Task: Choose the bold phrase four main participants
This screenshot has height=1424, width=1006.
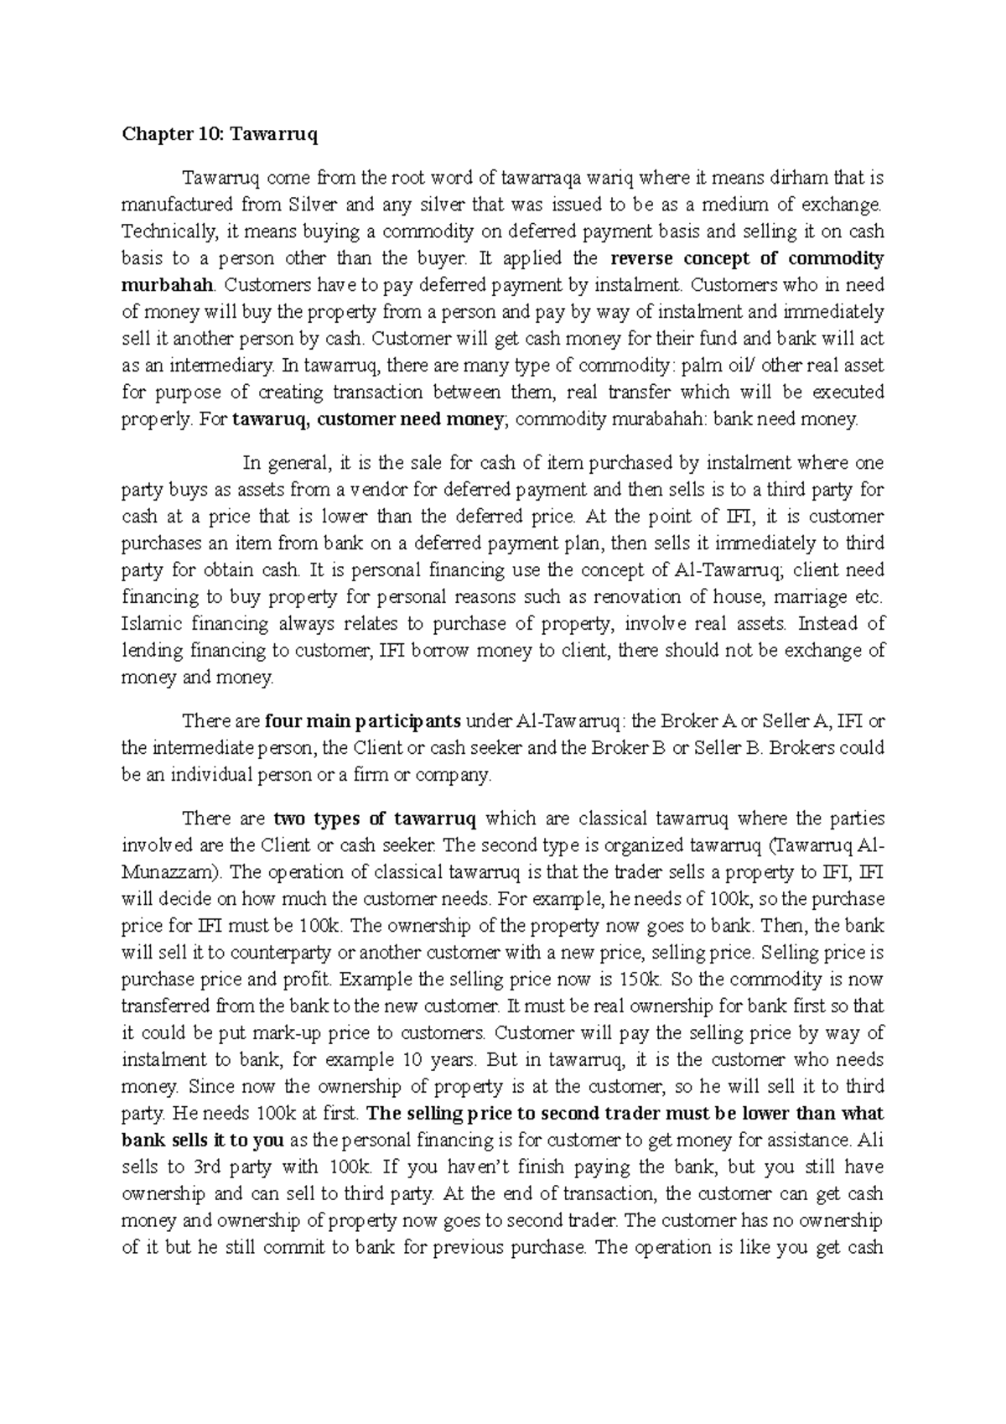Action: coord(363,721)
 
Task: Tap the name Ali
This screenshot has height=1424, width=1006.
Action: coord(872,1141)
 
